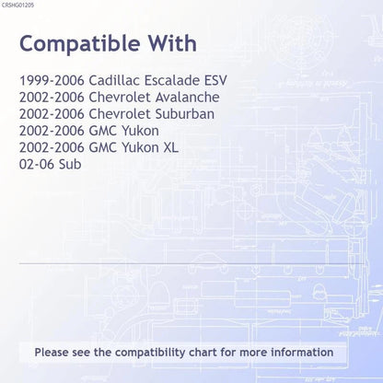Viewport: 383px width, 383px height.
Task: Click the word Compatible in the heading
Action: (x=80, y=44)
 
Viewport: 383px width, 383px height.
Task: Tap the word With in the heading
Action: (x=173, y=43)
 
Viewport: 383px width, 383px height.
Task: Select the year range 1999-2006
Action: (x=52, y=80)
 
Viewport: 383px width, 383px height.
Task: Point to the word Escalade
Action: (x=172, y=80)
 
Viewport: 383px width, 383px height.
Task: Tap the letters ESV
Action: (x=215, y=80)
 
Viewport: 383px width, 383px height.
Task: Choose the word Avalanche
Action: (x=188, y=98)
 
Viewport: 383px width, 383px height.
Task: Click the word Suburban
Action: (x=185, y=114)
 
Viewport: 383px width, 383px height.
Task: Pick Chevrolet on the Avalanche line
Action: (x=120, y=98)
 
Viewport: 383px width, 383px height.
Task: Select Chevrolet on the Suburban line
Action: (x=120, y=114)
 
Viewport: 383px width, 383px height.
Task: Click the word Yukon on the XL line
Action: (x=140, y=147)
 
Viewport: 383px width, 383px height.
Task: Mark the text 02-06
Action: (x=37, y=164)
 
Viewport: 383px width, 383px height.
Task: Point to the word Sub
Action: (x=70, y=164)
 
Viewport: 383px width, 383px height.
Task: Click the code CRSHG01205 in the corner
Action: (x=17, y=6)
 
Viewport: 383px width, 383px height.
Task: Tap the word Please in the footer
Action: (x=52, y=352)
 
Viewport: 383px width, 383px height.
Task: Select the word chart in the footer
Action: (x=203, y=352)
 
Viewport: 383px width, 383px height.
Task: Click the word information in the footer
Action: (x=302, y=352)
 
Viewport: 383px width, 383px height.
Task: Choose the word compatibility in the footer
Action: (x=150, y=353)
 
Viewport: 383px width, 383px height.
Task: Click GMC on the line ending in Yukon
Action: (x=103, y=131)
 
